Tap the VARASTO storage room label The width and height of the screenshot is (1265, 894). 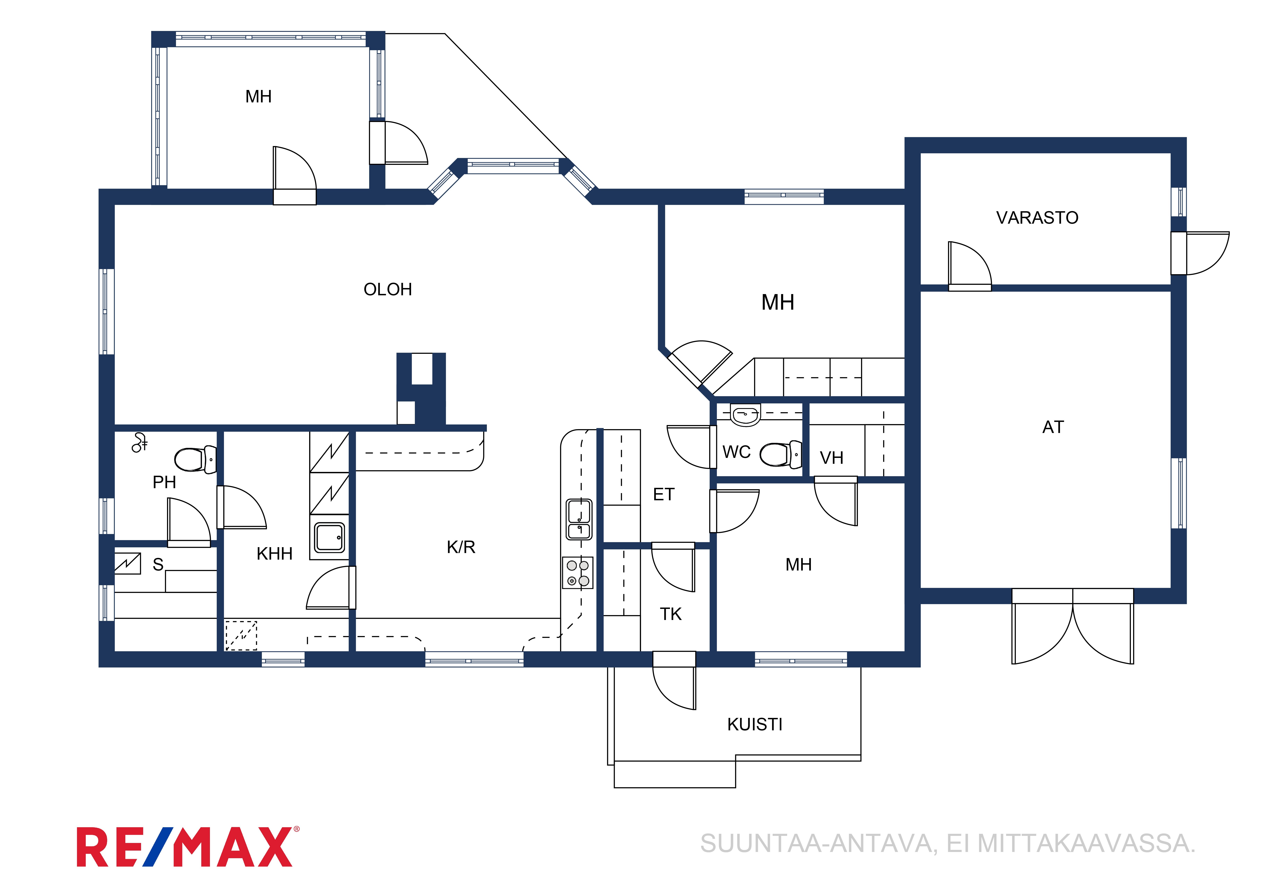click(x=1037, y=218)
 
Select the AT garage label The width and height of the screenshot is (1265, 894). click(x=1053, y=427)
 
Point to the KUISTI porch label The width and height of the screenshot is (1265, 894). click(x=755, y=724)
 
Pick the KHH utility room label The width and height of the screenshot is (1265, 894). click(x=274, y=554)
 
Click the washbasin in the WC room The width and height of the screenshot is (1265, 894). click(x=745, y=415)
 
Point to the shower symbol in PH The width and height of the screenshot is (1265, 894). click(x=140, y=442)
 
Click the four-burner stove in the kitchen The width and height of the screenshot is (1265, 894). click(x=577, y=573)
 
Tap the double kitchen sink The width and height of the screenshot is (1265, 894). click(x=579, y=519)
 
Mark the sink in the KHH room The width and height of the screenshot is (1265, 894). click(x=330, y=538)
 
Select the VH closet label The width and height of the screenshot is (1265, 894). click(x=831, y=458)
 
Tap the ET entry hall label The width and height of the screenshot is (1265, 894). click(x=663, y=495)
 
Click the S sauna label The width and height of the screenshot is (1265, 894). click(x=158, y=564)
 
